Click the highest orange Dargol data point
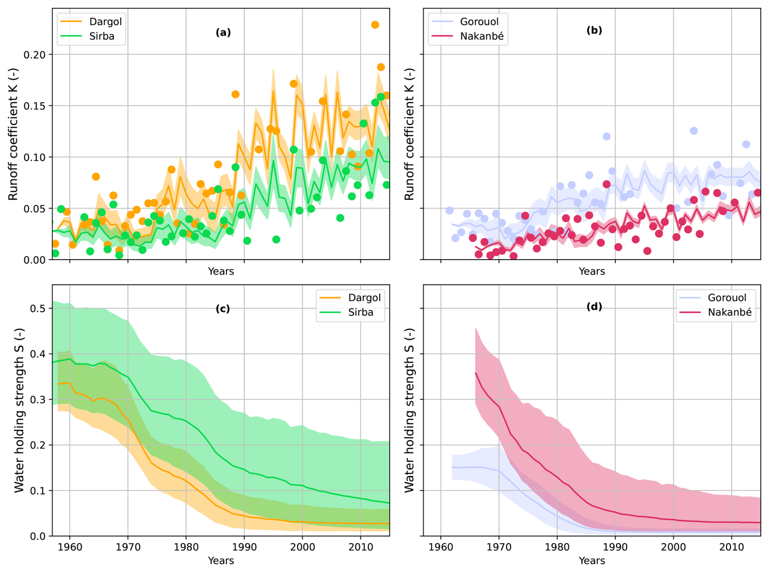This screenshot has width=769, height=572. pyautogui.click(x=375, y=25)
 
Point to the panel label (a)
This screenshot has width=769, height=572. pyautogui.click(x=223, y=32)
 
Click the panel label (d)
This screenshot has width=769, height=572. pyautogui.click(x=594, y=307)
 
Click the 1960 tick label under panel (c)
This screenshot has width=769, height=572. pyautogui.click(x=70, y=547)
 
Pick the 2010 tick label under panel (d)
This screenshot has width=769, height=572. pyautogui.click(x=732, y=547)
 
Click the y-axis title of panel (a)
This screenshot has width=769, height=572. pyautogui.click(x=13, y=134)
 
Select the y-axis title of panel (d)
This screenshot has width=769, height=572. pyautogui.click(x=410, y=410)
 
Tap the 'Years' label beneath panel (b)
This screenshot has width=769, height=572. pyautogui.click(x=592, y=271)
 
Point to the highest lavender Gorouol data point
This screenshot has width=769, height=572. pyautogui.click(x=694, y=131)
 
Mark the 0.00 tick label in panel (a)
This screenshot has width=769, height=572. pyautogui.click(x=36, y=260)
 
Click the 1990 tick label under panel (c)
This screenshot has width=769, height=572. pyautogui.click(x=244, y=547)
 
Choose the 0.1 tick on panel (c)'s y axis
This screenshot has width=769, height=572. pyautogui.click(x=39, y=491)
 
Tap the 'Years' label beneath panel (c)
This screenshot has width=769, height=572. pyautogui.click(x=221, y=561)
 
